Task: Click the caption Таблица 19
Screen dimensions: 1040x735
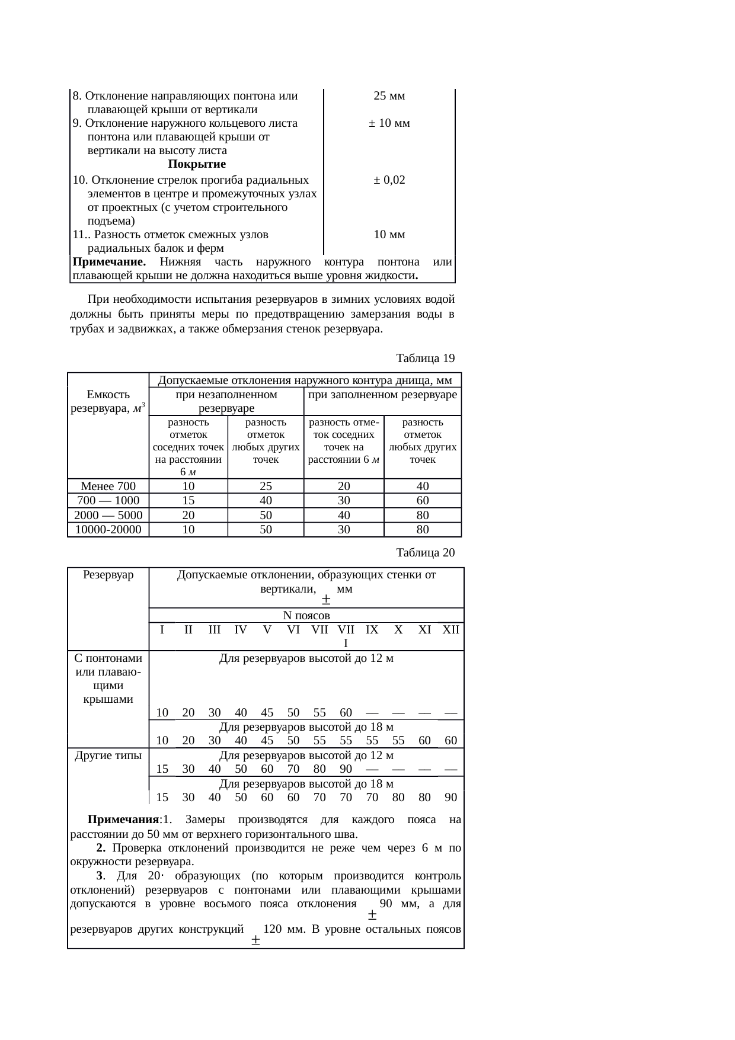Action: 425,359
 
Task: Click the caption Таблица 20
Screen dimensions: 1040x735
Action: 425,553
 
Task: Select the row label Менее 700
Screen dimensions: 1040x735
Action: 108,487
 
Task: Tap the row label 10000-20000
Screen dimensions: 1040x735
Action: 108,530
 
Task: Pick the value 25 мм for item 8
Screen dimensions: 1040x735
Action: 389,96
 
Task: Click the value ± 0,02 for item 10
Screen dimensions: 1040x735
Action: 389,180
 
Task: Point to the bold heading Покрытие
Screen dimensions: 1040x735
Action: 197,164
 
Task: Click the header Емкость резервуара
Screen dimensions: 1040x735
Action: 108,401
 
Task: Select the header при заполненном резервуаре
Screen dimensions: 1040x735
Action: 382,395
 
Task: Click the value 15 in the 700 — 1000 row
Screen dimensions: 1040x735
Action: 188,501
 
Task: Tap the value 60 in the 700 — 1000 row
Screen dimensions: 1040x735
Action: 422,501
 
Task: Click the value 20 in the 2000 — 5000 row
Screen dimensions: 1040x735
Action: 188,516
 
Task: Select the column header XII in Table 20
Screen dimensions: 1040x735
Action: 450,630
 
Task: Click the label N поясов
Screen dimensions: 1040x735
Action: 306,616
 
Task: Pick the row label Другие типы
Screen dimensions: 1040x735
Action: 108,756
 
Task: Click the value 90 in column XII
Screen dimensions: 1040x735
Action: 450,797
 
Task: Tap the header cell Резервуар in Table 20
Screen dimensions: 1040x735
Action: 108,575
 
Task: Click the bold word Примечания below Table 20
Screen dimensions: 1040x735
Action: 123,820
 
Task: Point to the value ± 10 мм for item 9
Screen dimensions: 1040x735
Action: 389,123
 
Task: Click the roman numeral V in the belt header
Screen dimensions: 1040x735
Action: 267,630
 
